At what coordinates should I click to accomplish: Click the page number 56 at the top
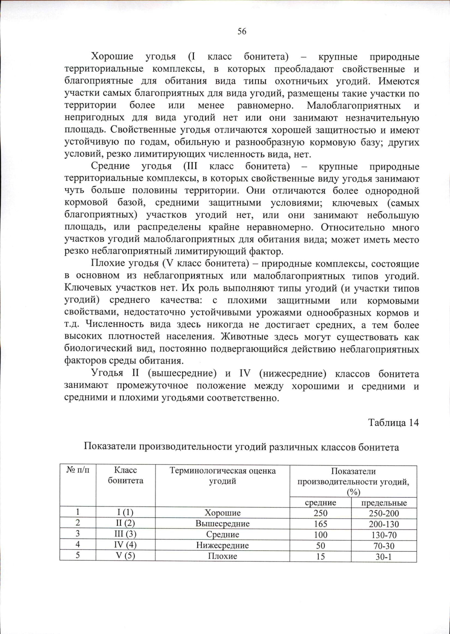[x=242, y=32]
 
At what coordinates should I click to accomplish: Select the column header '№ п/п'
[x=78, y=471]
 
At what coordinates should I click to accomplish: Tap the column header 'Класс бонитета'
[x=126, y=476]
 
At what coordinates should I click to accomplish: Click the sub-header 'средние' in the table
[x=320, y=503]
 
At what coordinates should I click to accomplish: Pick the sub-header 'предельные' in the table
[x=384, y=503]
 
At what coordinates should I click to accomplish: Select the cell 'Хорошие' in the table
[x=222, y=513]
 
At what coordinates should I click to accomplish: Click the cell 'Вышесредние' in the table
[x=222, y=524]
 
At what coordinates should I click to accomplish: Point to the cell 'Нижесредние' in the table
[x=222, y=545]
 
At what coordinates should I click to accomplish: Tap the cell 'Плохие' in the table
[x=222, y=556]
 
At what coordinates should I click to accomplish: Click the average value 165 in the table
[x=320, y=524]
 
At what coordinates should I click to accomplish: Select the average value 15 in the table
[x=320, y=556]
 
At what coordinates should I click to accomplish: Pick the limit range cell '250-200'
[x=384, y=513]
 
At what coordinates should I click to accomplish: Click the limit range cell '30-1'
[x=384, y=557]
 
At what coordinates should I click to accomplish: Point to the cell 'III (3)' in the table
[x=125, y=535]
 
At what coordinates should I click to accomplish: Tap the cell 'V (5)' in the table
[x=125, y=556]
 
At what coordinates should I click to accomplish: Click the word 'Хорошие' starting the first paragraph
[x=112, y=57]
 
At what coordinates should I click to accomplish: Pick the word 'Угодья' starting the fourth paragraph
[x=107, y=373]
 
